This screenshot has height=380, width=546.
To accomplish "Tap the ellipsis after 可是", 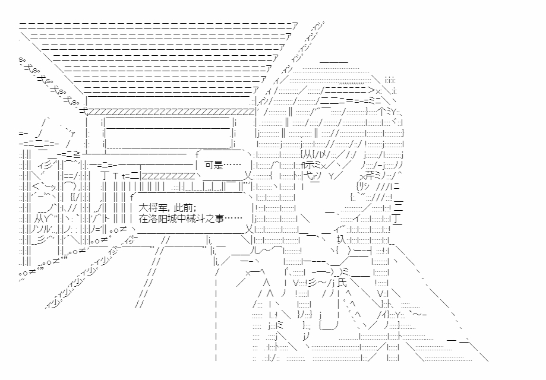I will [x=232, y=166].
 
